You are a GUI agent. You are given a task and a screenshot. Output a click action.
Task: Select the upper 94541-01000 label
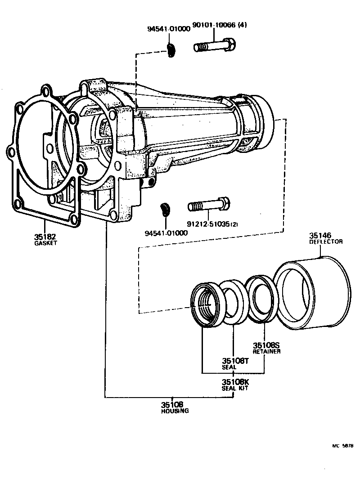pos(168,30)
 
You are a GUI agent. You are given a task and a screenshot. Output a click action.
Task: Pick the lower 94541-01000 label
pos(166,233)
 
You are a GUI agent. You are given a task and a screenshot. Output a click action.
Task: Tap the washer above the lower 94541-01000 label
pos(165,210)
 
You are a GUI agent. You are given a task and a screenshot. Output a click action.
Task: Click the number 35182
pos(45,237)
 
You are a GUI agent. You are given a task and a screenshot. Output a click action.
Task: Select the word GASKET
pos(45,243)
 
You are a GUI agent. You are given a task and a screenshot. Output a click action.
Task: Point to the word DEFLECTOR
pos(326,242)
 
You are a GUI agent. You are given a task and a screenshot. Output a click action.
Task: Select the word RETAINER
pos(266,351)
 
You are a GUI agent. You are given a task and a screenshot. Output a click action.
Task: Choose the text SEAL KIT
pos(234,388)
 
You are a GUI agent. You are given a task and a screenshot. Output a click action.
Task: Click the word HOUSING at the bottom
pos(175,411)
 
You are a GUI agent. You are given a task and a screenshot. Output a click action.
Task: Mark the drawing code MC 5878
pos(342,446)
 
